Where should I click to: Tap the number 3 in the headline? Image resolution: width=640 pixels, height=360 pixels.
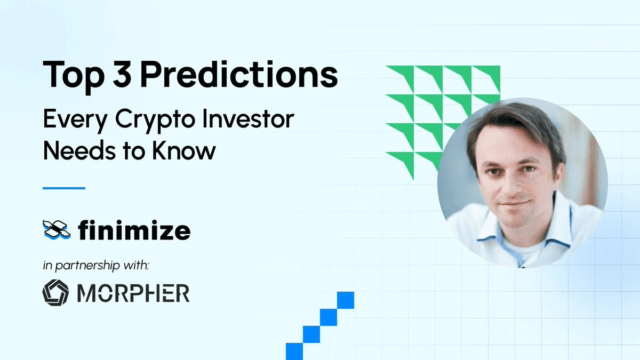[x=122, y=74]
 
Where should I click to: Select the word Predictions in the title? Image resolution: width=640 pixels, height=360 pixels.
[x=239, y=74]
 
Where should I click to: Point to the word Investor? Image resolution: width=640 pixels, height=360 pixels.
[x=249, y=118]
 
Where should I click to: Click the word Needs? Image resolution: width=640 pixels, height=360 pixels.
[x=79, y=150]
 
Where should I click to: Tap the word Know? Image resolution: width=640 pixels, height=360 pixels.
[x=183, y=150]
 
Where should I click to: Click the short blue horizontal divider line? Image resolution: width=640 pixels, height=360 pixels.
[x=64, y=188]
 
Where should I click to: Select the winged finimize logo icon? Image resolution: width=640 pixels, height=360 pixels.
[x=57, y=230]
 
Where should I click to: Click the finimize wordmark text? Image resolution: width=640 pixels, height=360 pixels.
[x=134, y=230]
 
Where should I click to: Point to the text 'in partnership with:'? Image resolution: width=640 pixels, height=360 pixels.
[x=96, y=266]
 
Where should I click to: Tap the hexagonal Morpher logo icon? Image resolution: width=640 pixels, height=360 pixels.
[x=55, y=293]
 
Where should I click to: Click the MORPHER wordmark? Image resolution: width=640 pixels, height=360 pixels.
[x=133, y=293]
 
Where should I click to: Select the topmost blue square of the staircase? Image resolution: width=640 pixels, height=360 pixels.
[x=346, y=300]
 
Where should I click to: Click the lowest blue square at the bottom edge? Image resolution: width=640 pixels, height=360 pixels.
[x=294, y=351]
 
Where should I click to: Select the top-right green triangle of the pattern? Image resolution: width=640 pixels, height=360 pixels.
[x=491, y=75]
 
